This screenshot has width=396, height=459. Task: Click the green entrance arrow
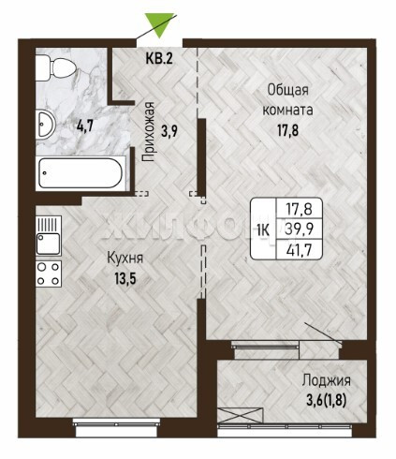(159, 23)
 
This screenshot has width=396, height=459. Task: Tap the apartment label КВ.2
(159, 58)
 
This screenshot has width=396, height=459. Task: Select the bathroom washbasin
(45, 125)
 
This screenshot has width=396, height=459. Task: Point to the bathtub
(81, 173)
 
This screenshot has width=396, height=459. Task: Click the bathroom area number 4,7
(85, 126)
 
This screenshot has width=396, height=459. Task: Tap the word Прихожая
(149, 131)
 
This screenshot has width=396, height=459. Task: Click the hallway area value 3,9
(169, 131)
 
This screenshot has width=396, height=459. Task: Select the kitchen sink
(49, 236)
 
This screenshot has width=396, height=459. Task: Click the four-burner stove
(49, 274)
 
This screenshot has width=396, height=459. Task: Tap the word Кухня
(125, 259)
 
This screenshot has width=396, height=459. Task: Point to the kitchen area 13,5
(125, 278)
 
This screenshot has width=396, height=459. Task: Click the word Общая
(287, 91)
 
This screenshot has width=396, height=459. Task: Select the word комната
(287, 110)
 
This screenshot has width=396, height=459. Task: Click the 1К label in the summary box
(263, 230)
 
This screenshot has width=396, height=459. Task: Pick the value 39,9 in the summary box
(300, 229)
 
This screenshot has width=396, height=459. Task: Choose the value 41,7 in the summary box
(300, 249)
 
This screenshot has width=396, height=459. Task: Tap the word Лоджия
(327, 380)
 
